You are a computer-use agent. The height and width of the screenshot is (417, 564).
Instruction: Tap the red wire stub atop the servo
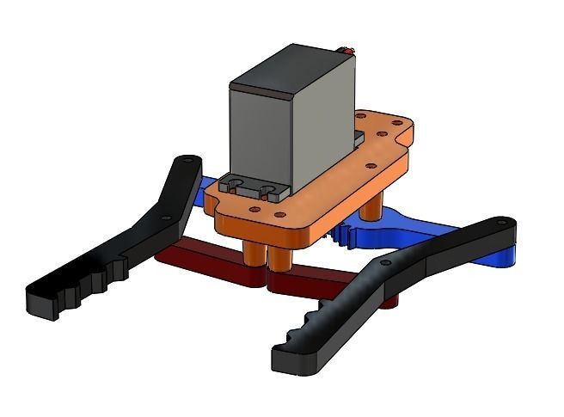348,50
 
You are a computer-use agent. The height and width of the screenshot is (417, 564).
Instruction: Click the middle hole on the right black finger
384,262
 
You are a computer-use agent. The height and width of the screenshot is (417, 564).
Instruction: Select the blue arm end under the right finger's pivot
504,255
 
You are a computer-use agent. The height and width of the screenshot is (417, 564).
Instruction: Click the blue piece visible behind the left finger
211,194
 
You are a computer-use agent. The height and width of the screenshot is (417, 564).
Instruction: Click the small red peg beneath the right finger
391,302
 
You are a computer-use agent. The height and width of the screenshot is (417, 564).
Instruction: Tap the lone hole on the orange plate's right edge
371,165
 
